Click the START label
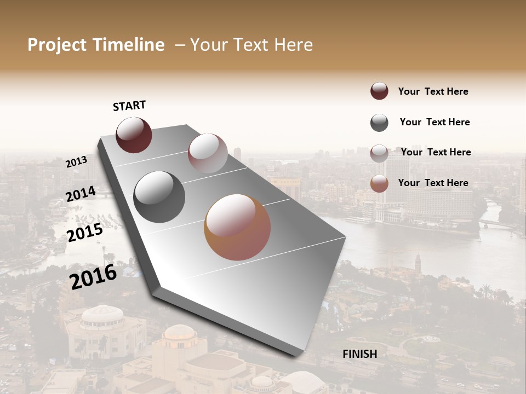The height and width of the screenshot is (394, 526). (x=129, y=106)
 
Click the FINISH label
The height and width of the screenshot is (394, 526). (x=359, y=354)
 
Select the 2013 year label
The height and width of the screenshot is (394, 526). (x=76, y=161)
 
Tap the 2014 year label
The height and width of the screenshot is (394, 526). (x=81, y=194)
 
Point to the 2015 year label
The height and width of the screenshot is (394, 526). (x=84, y=233)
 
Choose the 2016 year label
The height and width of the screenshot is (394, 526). (x=93, y=276)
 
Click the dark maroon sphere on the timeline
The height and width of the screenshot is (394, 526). (x=134, y=135)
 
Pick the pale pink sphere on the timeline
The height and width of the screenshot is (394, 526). (x=208, y=153)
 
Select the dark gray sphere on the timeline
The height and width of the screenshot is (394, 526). (x=159, y=197)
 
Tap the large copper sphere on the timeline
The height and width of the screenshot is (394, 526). (x=237, y=227)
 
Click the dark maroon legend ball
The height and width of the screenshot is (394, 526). (x=379, y=91)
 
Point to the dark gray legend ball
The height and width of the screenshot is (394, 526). (x=379, y=123)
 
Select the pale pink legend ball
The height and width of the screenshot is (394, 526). (x=379, y=153)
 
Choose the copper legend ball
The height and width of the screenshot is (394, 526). (x=379, y=183)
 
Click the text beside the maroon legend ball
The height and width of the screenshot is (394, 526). (x=433, y=91)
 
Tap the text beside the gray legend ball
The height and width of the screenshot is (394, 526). (x=434, y=122)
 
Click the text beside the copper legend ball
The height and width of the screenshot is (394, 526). (x=433, y=183)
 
